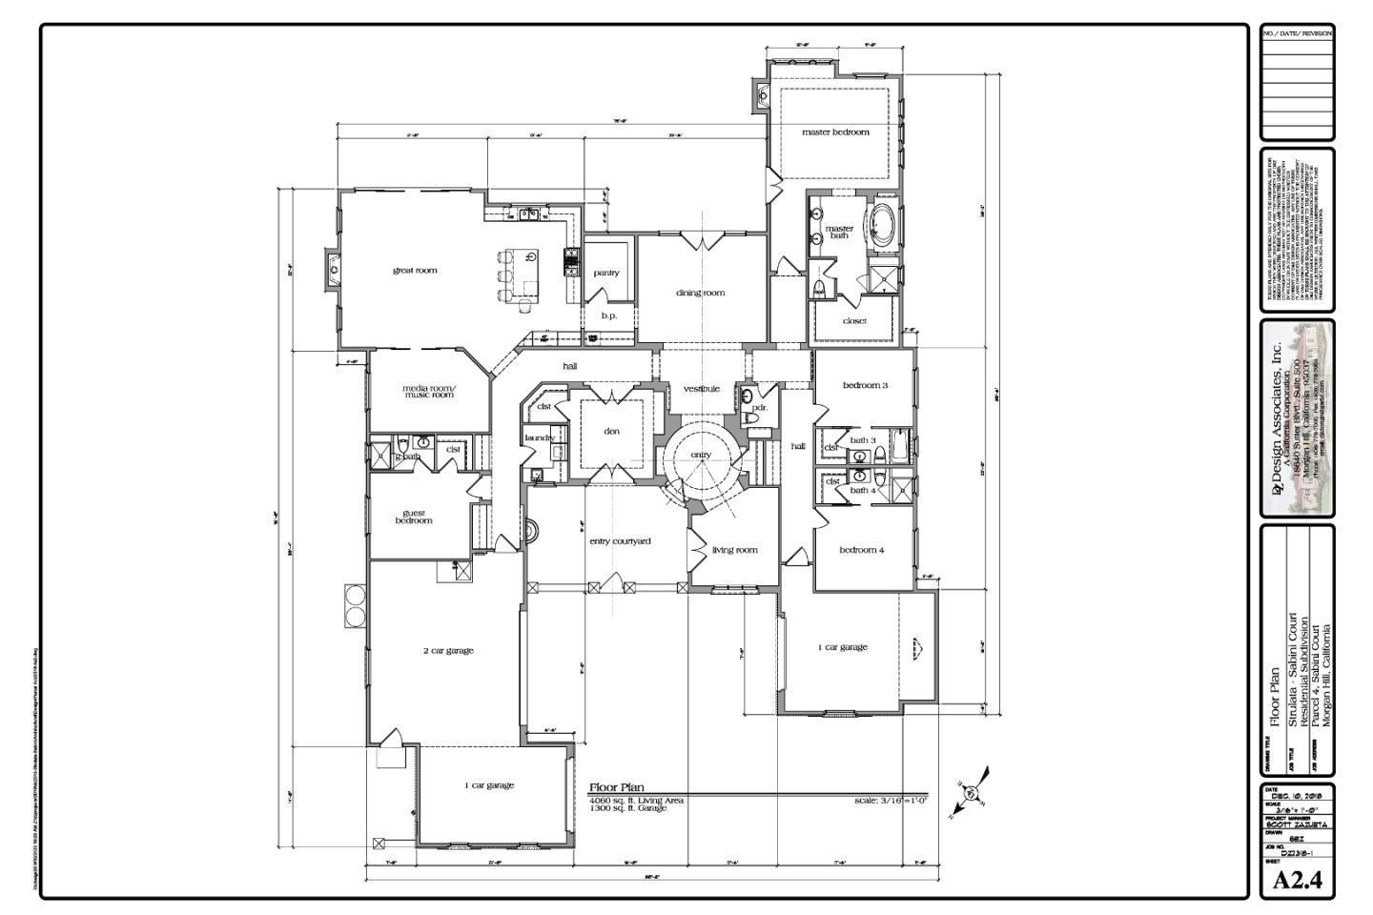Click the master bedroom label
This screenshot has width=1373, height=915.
[835, 132]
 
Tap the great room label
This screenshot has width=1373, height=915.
[415, 271]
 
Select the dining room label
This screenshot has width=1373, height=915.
[700, 294]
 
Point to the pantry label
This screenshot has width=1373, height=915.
[606, 274]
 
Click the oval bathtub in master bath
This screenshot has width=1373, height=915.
[881, 225]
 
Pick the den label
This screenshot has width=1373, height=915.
[612, 432]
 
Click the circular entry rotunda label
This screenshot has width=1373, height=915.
[701, 456]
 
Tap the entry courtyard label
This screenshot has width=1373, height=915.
[620, 541]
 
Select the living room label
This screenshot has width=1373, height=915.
[734, 550]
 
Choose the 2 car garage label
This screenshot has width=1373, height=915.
[448, 651]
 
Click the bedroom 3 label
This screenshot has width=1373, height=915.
[865, 386]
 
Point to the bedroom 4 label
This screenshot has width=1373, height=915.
[861, 550]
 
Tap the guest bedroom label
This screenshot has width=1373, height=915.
[414, 517]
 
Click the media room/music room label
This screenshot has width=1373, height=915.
[429, 392]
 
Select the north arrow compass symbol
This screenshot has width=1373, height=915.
[972, 792]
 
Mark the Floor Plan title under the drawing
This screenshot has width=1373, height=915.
[616, 787]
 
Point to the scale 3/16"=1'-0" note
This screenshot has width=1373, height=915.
[891, 801]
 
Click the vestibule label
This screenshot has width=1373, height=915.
[701, 389]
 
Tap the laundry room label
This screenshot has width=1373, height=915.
[540, 438]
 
